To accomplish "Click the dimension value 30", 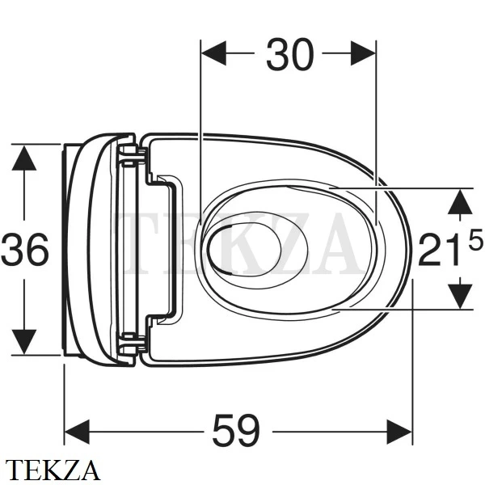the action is (290, 54).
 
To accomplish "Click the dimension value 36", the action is (25, 250).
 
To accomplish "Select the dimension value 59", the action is (236, 430).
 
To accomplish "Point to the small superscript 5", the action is (476, 239).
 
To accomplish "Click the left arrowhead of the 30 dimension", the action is (213, 53).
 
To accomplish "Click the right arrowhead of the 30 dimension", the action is (363, 53).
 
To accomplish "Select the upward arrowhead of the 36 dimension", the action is (24, 158).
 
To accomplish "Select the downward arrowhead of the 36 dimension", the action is (24, 342).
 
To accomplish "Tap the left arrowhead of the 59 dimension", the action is (77, 432).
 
